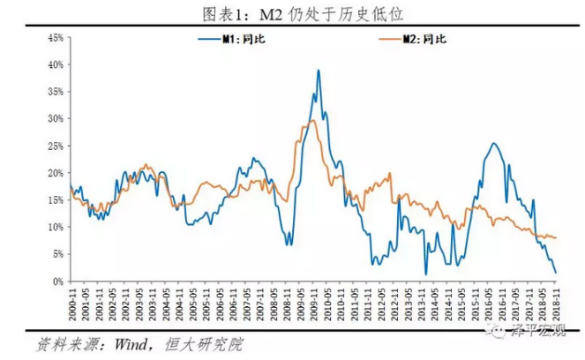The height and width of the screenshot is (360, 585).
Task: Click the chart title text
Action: click(293, 12)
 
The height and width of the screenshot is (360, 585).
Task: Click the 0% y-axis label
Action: click(55, 281)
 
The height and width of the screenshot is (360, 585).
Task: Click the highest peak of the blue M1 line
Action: click(318, 71)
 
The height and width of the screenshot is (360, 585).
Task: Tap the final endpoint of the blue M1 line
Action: click(556, 273)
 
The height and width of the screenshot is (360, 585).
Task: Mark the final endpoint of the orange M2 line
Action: click(556, 237)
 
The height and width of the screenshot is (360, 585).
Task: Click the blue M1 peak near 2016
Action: click(493, 144)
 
